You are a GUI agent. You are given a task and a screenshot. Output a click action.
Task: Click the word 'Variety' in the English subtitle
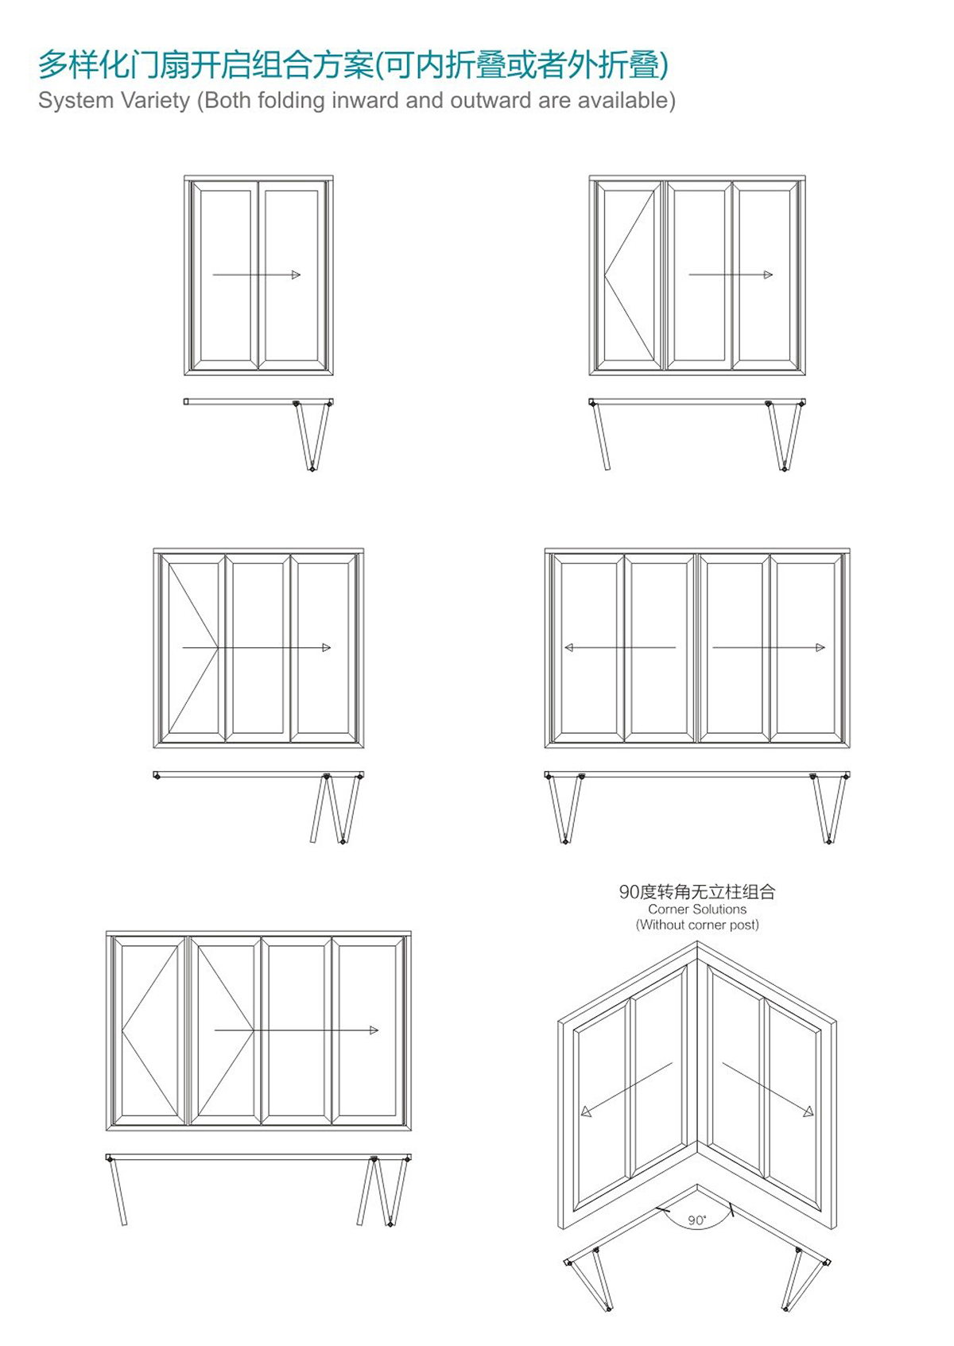point(155,100)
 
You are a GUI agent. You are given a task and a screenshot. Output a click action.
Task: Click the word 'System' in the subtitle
point(76,100)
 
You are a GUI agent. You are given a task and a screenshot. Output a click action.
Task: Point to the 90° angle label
point(696,1220)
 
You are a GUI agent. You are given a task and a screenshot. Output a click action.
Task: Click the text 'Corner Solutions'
point(697,910)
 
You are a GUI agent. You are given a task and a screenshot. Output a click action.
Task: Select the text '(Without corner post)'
point(697,925)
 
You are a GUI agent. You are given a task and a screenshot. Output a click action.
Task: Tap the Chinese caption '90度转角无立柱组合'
point(697,892)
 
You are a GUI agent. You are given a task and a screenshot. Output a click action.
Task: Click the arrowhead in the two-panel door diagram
point(297,274)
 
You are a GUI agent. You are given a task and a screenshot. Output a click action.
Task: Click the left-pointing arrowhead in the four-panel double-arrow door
point(569,647)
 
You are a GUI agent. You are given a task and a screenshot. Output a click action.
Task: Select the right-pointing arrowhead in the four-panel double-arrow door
point(820,647)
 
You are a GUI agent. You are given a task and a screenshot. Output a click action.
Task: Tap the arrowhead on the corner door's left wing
point(587,1111)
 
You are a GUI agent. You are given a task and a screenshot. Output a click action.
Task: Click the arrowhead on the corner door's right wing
point(809,1111)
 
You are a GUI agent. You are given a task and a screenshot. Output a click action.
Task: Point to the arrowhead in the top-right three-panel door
point(768,274)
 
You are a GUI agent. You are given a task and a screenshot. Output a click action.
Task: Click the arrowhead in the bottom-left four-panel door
point(374,1030)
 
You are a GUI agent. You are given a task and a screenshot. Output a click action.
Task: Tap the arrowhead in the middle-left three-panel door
point(326,647)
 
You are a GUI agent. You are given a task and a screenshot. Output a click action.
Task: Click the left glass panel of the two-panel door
point(225,277)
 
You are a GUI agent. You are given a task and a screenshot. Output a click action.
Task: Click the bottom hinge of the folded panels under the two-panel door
point(312,468)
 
